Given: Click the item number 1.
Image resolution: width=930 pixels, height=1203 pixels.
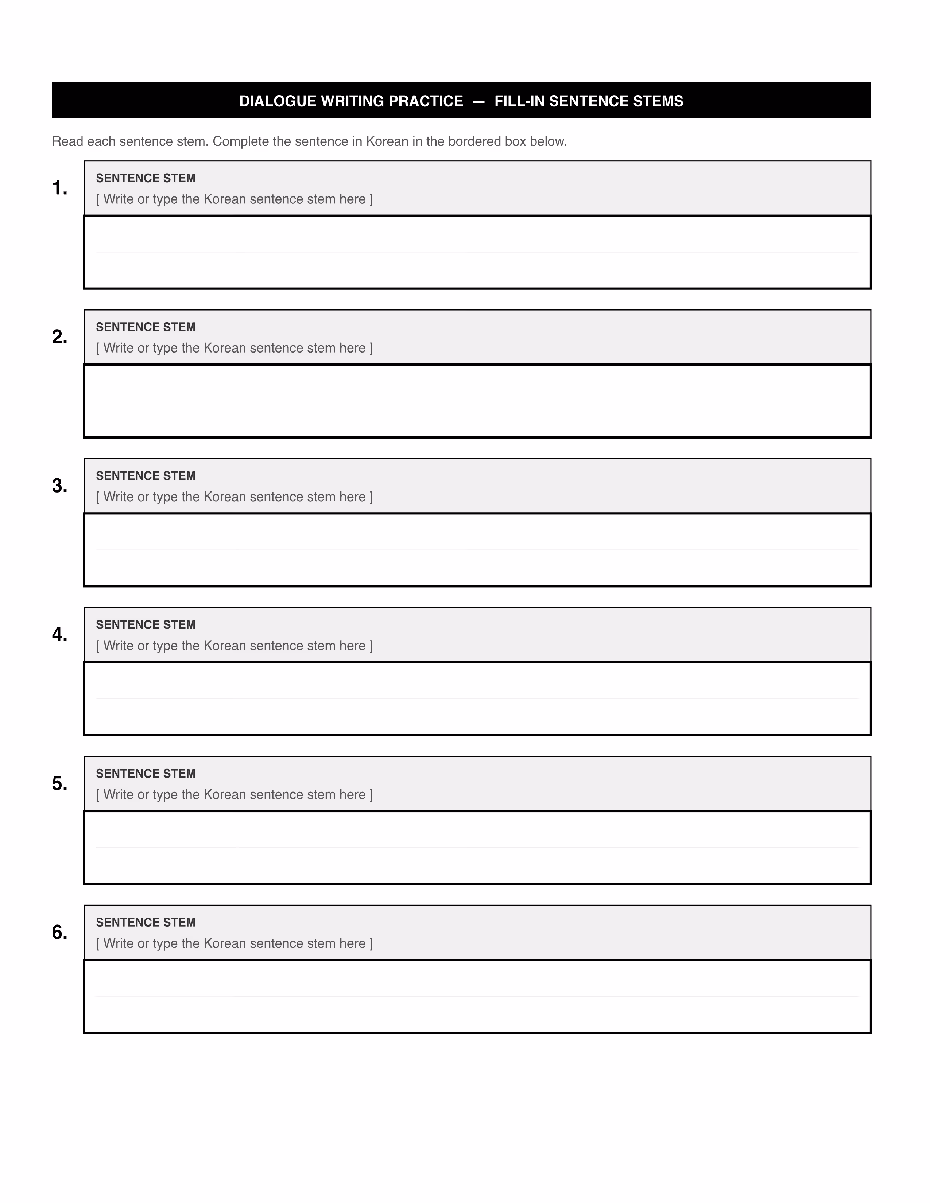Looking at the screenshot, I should [59, 188].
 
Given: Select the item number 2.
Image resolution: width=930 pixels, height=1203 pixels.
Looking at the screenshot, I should [59, 337].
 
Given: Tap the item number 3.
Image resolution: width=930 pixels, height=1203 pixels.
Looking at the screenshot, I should [59, 486].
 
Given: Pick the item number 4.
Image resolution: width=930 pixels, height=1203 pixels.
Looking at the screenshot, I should [59, 635].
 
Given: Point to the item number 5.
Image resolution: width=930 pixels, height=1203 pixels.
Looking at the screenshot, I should [59, 783].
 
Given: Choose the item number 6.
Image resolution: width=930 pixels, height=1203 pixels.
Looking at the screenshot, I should [59, 932].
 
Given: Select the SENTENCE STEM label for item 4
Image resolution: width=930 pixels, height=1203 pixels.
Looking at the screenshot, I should [146, 624].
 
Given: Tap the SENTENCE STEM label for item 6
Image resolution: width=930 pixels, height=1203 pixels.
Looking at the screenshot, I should [146, 922].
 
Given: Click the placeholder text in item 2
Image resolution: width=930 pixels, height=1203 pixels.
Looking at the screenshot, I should [234, 348].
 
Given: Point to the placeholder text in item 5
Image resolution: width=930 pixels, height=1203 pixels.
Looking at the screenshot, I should [234, 794].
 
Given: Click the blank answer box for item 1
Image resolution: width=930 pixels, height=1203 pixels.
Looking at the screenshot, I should [477, 252].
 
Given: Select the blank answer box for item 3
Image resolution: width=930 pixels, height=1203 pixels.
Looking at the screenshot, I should [477, 550].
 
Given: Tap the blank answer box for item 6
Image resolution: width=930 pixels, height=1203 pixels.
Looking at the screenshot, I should [477, 996].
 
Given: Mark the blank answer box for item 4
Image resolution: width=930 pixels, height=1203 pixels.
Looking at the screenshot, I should [477, 698].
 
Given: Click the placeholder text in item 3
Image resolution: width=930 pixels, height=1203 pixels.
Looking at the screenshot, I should [234, 497].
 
